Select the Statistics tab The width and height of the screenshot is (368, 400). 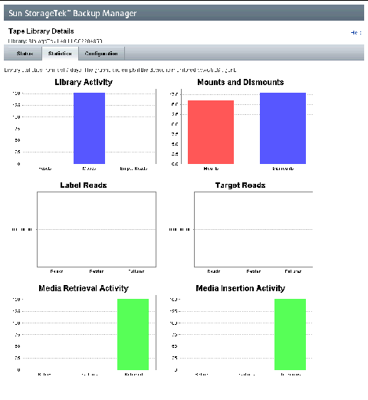[60, 54]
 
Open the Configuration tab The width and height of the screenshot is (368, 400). [101, 54]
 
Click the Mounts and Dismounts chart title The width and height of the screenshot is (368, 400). [240, 82]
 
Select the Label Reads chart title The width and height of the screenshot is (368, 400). [84, 185]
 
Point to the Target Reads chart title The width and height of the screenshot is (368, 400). [240, 185]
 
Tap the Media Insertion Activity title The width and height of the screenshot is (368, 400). [240, 288]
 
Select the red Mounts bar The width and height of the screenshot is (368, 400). [211, 132]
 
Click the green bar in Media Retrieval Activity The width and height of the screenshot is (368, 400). [133, 334]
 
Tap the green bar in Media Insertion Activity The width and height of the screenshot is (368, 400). [290, 334]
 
